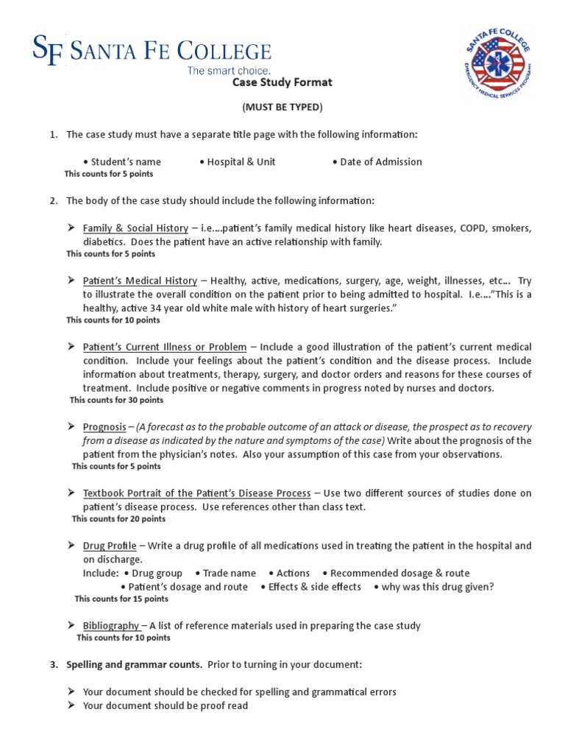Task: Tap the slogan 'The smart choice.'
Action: (x=229, y=71)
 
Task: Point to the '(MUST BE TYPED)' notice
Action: (x=282, y=108)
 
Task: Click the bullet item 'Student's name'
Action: (x=122, y=162)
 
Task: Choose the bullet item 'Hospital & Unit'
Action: (x=237, y=162)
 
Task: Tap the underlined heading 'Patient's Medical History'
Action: (x=140, y=281)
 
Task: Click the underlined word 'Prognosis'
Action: (x=104, y=427)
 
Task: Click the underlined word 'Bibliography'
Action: (x=110, y=626)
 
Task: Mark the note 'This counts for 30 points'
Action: (x=116, y=401)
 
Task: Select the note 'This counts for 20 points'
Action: (x=118, y=519)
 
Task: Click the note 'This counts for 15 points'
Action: (x=121, y=599)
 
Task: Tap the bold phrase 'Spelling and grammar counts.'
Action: (x=134, y=665)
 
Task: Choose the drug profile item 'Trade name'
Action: (x=226, y=574)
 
